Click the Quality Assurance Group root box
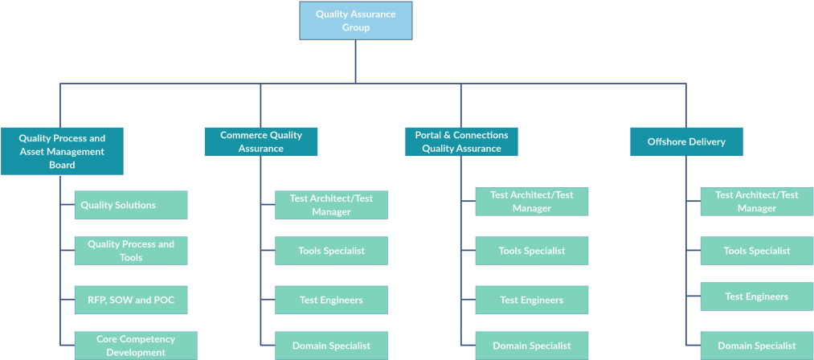pyautogui.click(x=355, y=21)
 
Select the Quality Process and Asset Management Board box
pyautogui.click(x=62, y=151)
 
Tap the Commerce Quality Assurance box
pyautogui.click(x=261, y=141)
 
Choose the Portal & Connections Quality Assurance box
pyautogui.click(x=461, y=141)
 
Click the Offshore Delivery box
pyautogui.click(x=686, y=141)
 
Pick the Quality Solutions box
pyautogui.click(x=131, y=205)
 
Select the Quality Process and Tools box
pyautogui.click(x=131, y=251)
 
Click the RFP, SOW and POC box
pyautogui.click(x=131, y=300)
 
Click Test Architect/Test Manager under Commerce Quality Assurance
pyautogui.click(x=331, y=205)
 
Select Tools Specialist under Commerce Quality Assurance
pyautogui.click(x=331, y=251)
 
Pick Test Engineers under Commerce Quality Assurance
pyautogui.click(x=331, y=300)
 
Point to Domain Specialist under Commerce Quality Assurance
pyautogui.click(x=331, y=346)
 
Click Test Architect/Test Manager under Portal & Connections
pyautogui.click(x=532, y=202)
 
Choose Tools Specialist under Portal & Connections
pyautogui.click(x=532, y=251)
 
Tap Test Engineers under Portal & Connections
pyautogui.click(x=532, y=300)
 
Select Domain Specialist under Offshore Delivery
pyautogui.click(x=756, y=346)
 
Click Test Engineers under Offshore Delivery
pyautogui.click(x=756, y=297)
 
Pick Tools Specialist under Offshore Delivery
pyautogui.click(x=756, y=251)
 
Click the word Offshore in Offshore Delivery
pyautogui.click(x=666, y=141)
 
